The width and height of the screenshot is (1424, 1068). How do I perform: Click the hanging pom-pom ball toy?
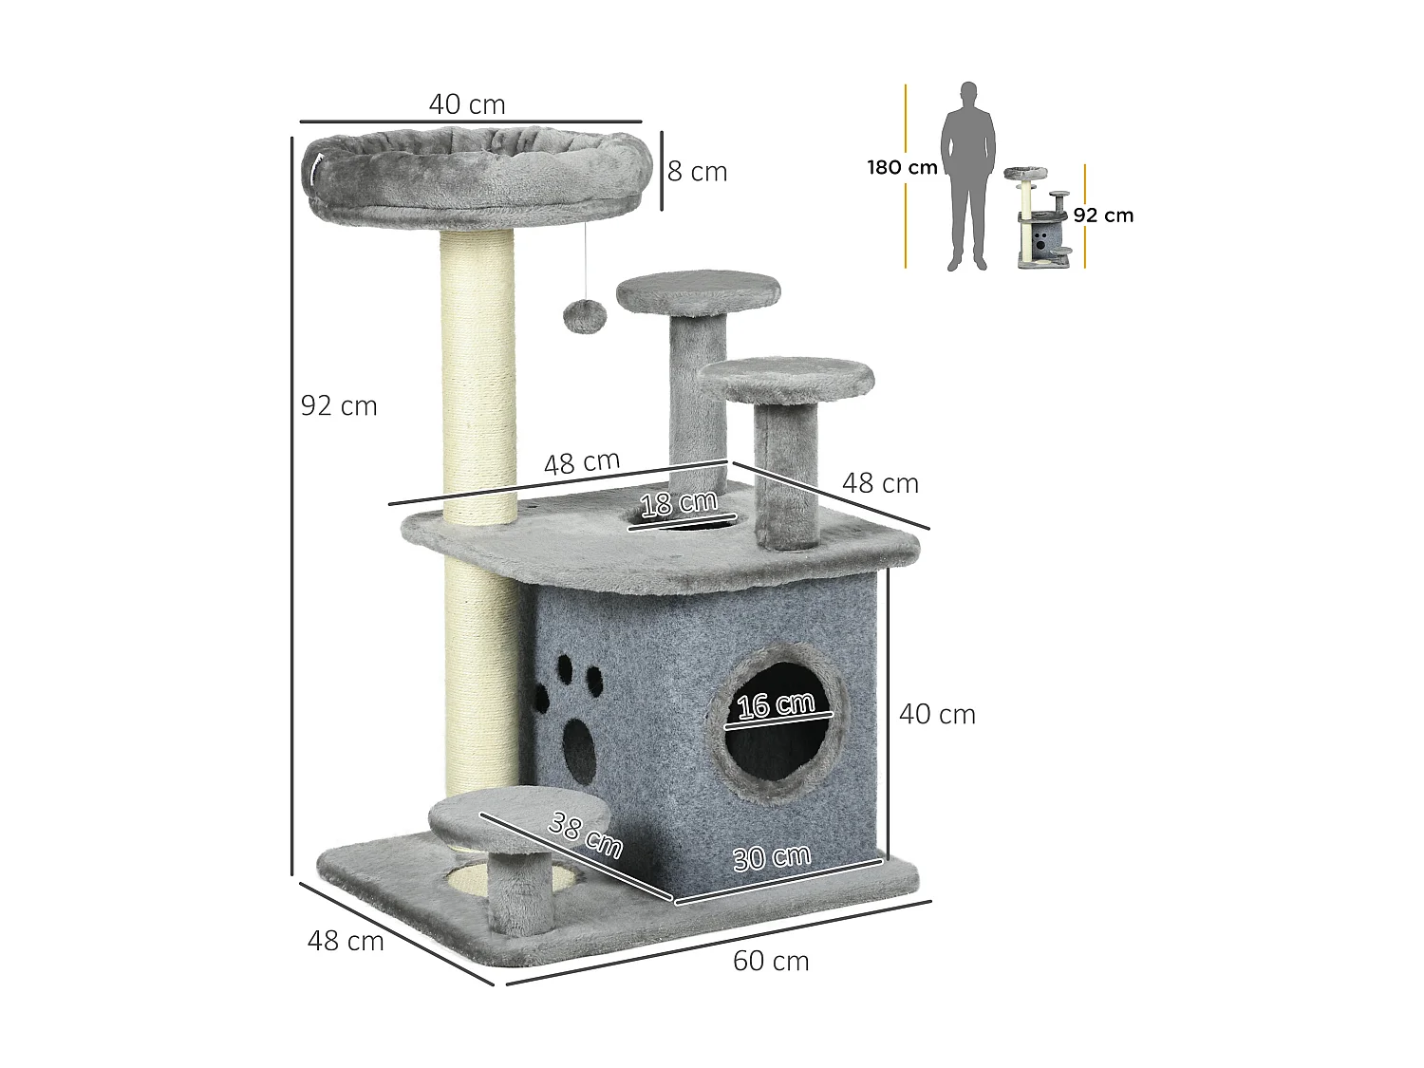585,316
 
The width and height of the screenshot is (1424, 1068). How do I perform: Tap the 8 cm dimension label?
698,172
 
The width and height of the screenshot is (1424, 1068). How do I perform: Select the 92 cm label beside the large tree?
339,406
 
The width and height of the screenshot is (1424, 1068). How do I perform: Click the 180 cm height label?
903,167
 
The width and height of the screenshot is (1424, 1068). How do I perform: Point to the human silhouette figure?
968,176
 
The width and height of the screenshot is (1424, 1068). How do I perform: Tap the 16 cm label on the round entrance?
776,704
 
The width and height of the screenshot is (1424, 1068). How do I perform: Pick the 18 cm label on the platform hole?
679,503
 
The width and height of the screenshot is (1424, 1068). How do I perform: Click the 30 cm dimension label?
772,858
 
